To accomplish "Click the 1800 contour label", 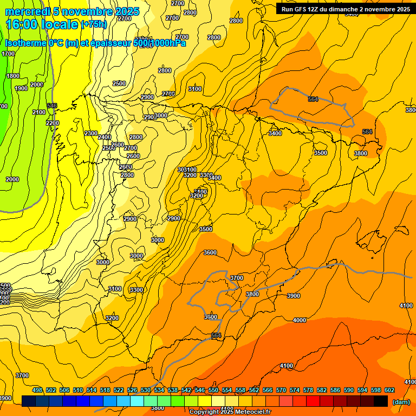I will pos(13,76).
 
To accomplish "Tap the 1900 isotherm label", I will pos(21,88).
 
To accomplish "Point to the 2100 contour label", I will pos(39,112).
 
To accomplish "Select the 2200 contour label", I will pos(53,123).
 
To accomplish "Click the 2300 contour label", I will pos(91,133).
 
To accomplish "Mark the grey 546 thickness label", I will pos(52,106).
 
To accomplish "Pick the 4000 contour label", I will pos(300,320).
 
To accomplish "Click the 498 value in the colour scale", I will pos(37,390).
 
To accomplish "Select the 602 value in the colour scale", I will pos(389,390).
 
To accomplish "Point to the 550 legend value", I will pos(213,390).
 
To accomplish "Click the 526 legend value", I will pos(132,390).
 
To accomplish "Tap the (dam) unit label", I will pos(401,402).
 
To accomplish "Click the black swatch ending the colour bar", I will pos(381,401).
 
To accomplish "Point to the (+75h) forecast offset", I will pos(94,24).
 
